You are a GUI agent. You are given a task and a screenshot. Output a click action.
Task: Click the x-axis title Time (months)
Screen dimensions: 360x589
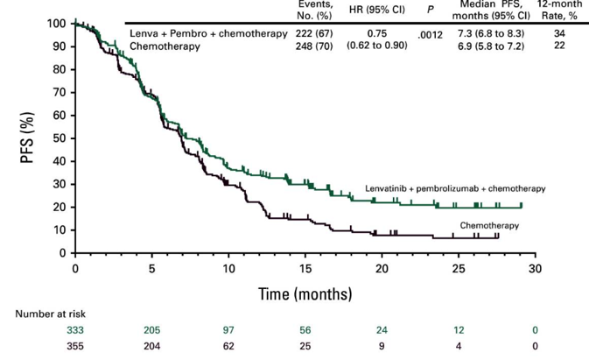(305, 293)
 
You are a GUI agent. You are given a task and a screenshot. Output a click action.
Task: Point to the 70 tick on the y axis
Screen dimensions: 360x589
(56, 92)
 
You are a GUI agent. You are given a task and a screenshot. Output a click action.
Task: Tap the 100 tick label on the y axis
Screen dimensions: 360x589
(53, 23)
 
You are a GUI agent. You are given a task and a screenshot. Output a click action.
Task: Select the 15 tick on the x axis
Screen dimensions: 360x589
(305, 268)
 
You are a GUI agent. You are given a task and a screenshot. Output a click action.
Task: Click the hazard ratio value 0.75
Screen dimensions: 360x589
(377, 33)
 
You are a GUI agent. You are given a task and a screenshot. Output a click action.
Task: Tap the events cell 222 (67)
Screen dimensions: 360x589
(316, 33)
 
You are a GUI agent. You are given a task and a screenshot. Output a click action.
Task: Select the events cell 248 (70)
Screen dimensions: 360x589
(316, 46)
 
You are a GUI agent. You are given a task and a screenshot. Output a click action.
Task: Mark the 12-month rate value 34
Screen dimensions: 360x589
(559, 33)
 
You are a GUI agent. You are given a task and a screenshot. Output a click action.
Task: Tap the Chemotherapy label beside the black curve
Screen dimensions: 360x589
(489, 225)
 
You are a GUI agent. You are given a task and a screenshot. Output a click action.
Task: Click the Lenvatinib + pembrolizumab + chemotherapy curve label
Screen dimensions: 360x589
(454, 188)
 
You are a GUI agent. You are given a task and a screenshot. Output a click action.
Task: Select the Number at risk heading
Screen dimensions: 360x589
(52, 314)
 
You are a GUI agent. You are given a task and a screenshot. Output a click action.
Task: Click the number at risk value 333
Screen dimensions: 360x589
(75, 330)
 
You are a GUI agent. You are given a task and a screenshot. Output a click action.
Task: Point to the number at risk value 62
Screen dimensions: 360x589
(228, 346)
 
